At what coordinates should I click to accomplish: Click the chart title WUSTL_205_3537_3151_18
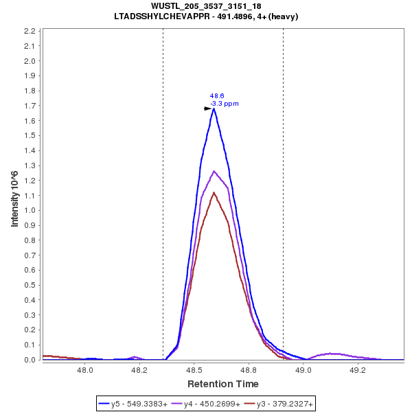(206, 6)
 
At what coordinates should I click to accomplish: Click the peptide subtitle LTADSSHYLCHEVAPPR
(206, 16)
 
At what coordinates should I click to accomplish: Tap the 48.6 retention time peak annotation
(217, 96)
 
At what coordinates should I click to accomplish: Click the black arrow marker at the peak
(208, 108)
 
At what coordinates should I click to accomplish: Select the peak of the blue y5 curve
(214, 108)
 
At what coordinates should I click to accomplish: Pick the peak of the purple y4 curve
(214, 171)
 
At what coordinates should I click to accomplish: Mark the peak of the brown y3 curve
(214, 192)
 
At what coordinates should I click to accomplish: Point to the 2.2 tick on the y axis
(30, 31)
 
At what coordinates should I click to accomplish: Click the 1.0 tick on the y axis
(30, 210)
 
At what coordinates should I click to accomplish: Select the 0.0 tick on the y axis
(30, 360)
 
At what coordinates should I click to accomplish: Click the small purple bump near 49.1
(333, 354)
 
